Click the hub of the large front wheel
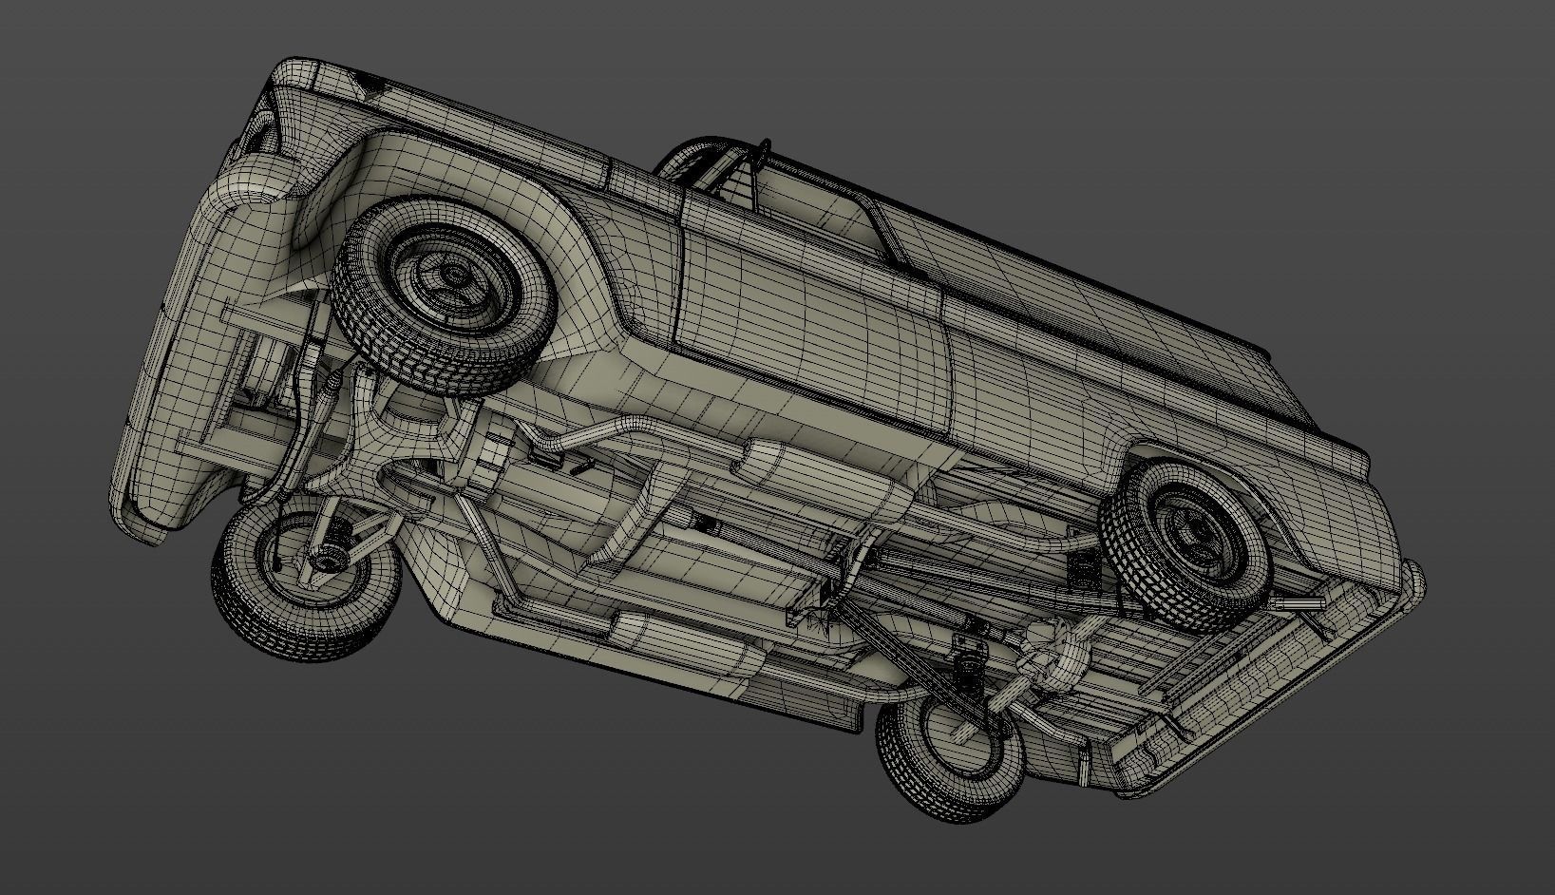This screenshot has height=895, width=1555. pyautogui.click(x=454, y=276)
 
